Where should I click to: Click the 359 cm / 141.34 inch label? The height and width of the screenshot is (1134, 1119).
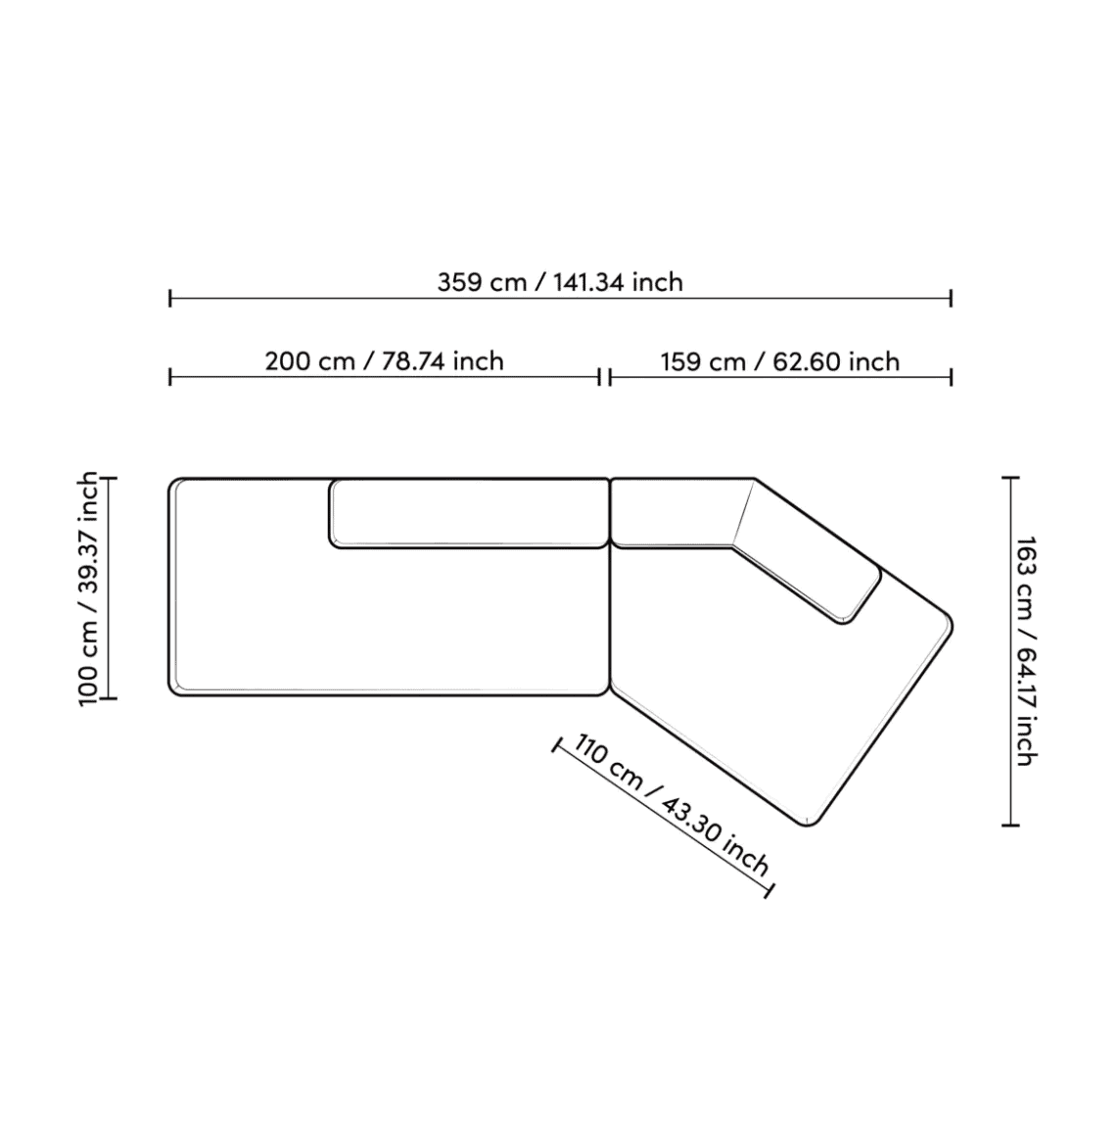point(560,282)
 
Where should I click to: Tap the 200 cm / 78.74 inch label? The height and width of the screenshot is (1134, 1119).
point(384,361)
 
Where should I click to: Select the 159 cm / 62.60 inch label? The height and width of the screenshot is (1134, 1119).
point(780,361)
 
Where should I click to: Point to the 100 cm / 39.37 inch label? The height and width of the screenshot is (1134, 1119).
point(88,588)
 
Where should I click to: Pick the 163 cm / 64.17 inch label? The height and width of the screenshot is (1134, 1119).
point(1027,650)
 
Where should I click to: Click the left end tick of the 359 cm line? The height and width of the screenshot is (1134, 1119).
point(170,298)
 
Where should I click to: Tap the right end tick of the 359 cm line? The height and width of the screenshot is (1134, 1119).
point(952,298)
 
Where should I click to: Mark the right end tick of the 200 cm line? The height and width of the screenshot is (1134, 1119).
point(599,377)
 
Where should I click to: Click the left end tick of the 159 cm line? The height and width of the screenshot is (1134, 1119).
point(610,377)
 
